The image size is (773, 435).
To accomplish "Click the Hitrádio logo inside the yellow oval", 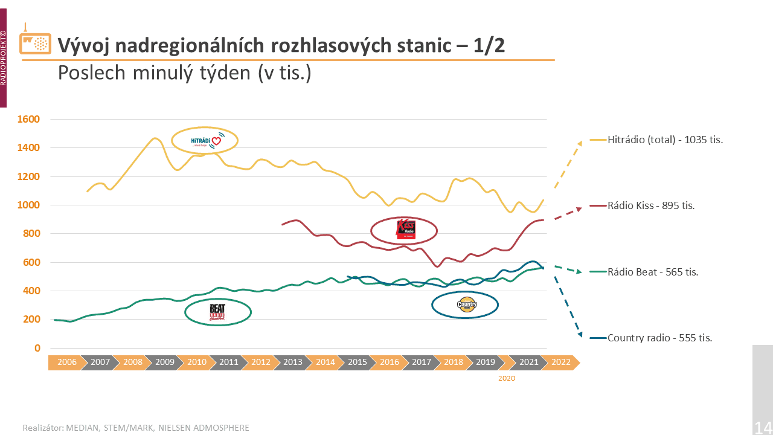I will (x=205, y=141).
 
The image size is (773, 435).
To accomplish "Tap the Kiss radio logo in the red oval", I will (x=405, y=229).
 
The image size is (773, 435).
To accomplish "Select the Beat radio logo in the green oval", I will (x=217, y=312).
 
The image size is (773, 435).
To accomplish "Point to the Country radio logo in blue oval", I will (x=466, y=304).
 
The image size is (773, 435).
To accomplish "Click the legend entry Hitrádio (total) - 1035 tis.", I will (x=665, y=140).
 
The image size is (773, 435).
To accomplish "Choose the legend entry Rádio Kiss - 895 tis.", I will (x=651, y=205).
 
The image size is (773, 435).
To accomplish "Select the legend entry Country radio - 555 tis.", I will (x=659, y=338).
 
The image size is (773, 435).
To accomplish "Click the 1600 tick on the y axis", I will (x=29, y=119).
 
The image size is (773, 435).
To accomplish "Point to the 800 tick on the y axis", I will (x=31, y=234).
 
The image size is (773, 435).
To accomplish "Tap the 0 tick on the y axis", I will (x=37, y=348).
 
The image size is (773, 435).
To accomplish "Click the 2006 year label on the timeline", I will (x=67, y=362).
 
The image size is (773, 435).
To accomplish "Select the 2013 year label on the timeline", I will (x=293, y=362).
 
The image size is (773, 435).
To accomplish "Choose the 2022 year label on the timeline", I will (x=560, y=362).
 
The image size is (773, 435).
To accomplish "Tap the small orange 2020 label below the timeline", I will (x=507, y=378).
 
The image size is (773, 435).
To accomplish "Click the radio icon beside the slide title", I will (x=35, y=42).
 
